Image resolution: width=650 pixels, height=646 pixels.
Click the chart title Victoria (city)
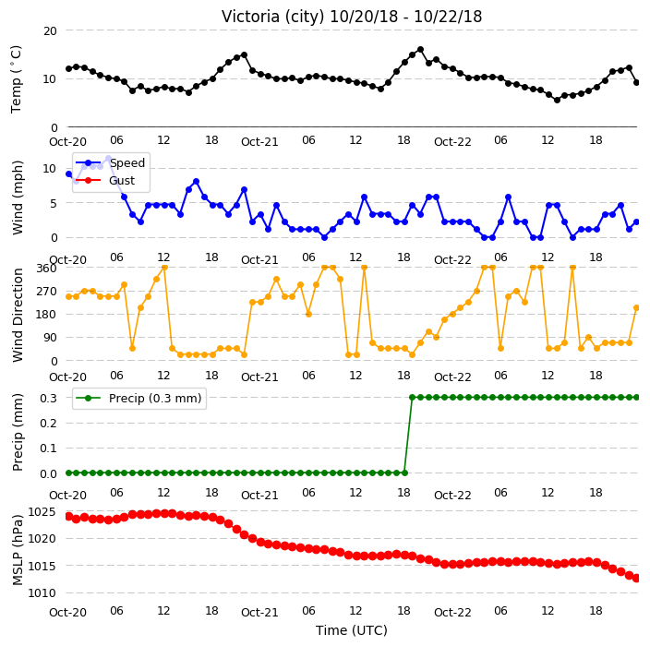click(272, 17)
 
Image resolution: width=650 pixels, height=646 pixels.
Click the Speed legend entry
click(110, 162)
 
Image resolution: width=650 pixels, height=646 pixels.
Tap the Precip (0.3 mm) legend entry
click(139, 398)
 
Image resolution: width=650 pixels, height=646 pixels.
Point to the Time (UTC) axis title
click(352, 630)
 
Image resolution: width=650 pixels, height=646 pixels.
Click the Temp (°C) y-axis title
click(16, 79)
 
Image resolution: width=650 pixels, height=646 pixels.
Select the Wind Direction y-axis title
click(18, 315)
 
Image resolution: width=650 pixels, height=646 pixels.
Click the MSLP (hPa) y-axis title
click(18, 550)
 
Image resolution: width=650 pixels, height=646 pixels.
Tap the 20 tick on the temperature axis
click(50, 31)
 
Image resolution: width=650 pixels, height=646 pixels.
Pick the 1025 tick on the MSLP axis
click(42, 512)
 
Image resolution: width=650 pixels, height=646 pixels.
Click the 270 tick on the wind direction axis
click(46, 292)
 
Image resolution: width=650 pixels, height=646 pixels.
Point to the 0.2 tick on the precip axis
click(48, 423)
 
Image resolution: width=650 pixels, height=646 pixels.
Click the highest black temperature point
click(420, 50)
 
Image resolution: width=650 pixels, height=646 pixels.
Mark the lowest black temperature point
click(557, 100)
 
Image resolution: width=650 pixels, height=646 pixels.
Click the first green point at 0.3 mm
click(412, 398)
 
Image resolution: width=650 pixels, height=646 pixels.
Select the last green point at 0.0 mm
click(404, 473)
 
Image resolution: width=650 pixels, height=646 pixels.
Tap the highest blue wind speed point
click(109, 159)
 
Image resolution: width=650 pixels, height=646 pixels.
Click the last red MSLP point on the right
click(637, 578)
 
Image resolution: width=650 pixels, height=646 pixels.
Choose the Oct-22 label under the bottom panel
click(452, 613)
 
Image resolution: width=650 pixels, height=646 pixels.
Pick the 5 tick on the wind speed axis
click(54, 203)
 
